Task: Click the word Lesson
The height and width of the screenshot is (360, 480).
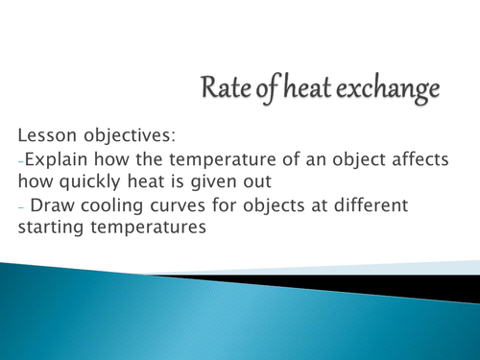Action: [44, 134]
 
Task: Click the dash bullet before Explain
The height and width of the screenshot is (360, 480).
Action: [21, 160]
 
